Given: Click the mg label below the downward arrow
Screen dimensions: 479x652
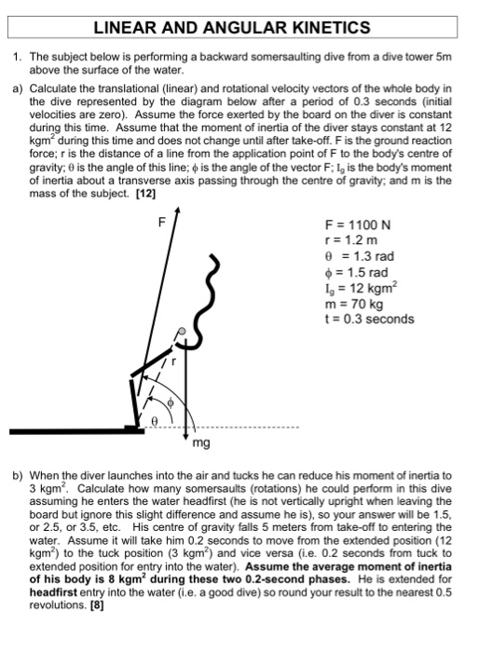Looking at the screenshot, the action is (x=200, y=444).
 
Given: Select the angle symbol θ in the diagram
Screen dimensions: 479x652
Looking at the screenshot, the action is (x=156, y=421).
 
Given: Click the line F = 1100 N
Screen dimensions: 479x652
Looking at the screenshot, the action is (x=356, y=225).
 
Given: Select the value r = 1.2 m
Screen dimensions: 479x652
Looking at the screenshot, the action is (x=349, y=241).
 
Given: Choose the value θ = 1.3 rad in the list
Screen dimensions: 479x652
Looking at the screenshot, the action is (x=355, y=257).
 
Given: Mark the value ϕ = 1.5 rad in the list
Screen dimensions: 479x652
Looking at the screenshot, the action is (x=355, y=272).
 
